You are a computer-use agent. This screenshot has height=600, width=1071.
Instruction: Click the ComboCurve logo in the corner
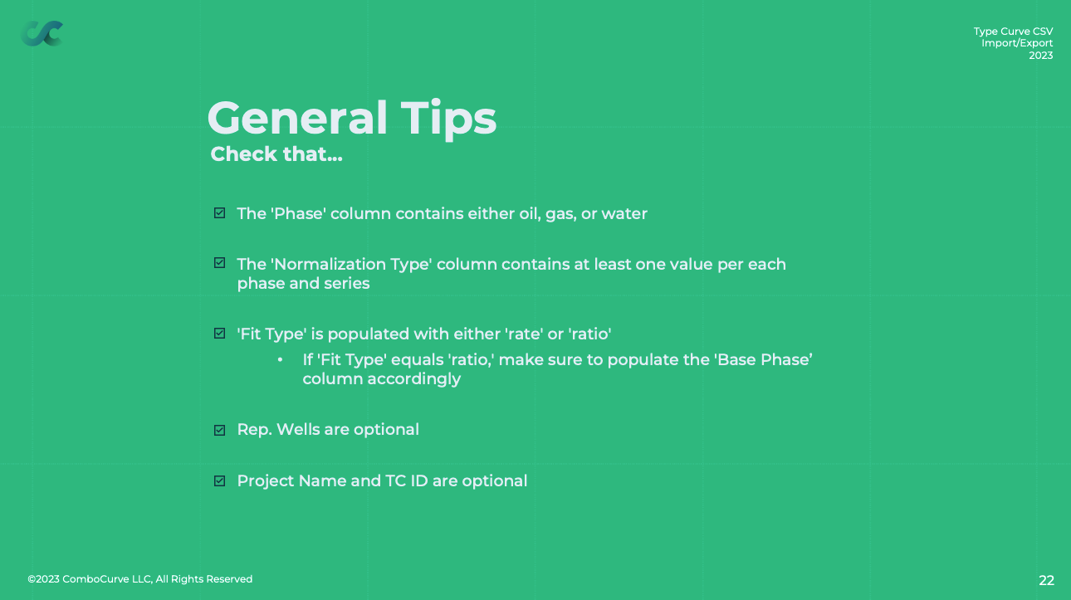pyautogui.click(x=42, y=33)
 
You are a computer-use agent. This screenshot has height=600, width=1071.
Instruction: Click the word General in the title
pyautogui.click(x=297, y=118)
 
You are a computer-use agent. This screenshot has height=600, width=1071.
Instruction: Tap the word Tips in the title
pyautogui.click(x=448, y=120)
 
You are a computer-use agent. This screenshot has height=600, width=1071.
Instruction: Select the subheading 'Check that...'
pyautogui.click(x=276, y=154)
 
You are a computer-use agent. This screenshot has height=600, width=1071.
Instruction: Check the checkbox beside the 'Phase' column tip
pyautogui.click(x=219, y=212)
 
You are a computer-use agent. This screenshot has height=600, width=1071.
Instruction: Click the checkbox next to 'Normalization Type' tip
pyautogui.click(x=219, y=262)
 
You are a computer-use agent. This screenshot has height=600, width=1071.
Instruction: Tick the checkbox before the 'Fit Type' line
pyautogui.click(x=219, y=334)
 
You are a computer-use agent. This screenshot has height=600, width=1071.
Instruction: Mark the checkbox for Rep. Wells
pyautogui.click(x=219, y=430)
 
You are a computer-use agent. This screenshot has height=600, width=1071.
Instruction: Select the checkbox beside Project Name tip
pyautogui.click(x=219, y=480)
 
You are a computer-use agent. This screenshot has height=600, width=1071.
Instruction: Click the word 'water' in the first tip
pyautogui.click(x=624, y=214)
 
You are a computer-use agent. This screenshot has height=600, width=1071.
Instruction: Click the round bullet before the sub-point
pyautogui.click(x=280, y=359)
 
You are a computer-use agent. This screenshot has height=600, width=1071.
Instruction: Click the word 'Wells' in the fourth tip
pyautogui.click(x=298, y=429)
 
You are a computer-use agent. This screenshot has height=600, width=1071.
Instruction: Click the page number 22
pyautogui.click(x=1047, y=580)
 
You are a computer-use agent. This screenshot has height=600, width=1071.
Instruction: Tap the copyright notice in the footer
pyautogui.click(x=140, y=579)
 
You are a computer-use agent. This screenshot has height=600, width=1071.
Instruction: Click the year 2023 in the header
pyautogui.click(x=1041, y=56)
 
